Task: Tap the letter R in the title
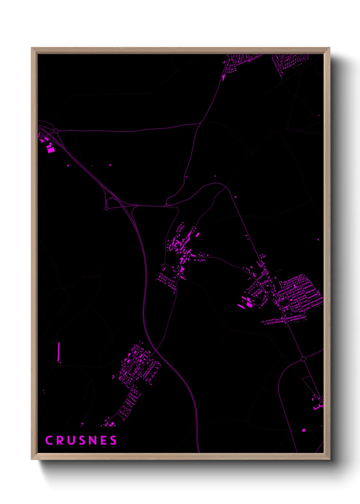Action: tap(60, 440)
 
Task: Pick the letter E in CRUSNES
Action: tap(103, 440)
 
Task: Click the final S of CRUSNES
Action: tap(113, 440)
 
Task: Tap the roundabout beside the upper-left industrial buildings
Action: tap(56, 131)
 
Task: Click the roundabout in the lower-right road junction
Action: tap(303, 359)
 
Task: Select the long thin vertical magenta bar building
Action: tap(59, 352)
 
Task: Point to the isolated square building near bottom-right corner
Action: tap(304, 430)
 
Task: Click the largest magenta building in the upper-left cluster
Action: tap(51, 149)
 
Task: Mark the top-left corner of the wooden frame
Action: tap(32, 48)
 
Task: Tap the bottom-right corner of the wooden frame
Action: tap(330, 459)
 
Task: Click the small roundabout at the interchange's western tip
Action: tap(106, 208)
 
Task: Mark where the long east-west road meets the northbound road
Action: tap(200, 124)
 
